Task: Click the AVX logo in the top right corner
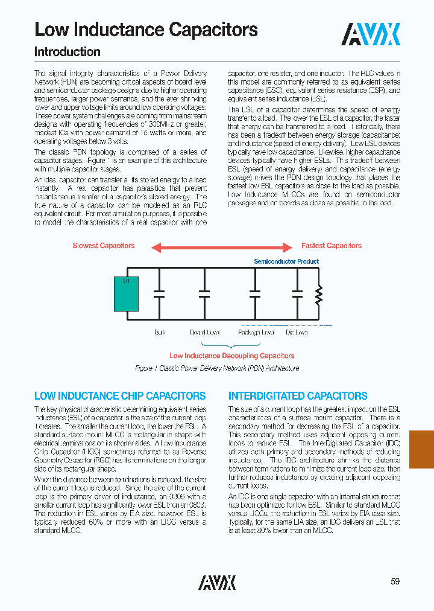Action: click(371, 35)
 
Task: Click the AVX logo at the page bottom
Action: click(217, 582)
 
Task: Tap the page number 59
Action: click(395, 581)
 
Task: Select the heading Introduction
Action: click(68, 52)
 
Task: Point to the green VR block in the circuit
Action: click(127, 293)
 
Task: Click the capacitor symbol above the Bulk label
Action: click(159, 294)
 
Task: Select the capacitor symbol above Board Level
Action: click(204, 294)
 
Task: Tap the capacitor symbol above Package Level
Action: click(255, 294)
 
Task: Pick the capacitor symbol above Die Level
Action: click(297, 294)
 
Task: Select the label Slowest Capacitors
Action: click(104, 246)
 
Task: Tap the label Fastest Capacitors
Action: click(332, 246)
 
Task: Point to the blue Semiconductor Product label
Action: click(286, 261)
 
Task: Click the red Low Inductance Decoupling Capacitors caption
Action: click(232, 356)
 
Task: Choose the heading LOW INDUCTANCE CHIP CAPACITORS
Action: click(120, 397)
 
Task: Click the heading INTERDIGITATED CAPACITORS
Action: click(298, 397)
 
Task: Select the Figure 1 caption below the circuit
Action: click(217, 368)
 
